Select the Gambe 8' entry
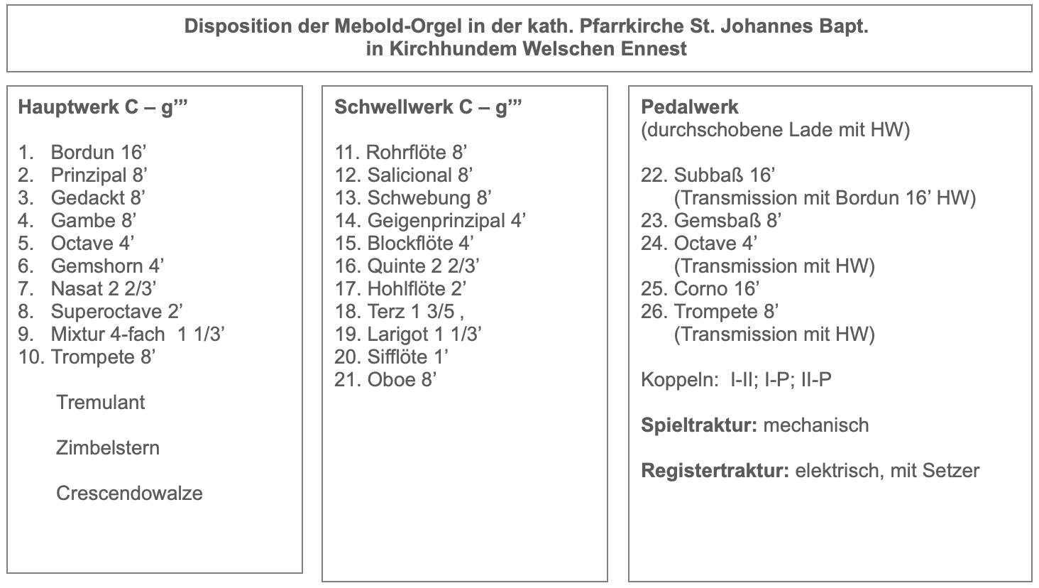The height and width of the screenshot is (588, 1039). [x=93, y=221]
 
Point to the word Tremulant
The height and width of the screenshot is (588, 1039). [x=100, y=403]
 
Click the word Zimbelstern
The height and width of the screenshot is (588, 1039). [x=108, y=448]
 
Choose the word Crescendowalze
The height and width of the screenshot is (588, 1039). [x=129, y=494]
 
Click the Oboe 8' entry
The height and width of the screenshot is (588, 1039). [x=402, y=380]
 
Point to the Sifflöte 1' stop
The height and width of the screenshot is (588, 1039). [x=408, y=357]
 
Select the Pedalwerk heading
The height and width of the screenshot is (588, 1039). [x=689, y=107]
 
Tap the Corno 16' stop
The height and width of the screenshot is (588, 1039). [x=717, y=289]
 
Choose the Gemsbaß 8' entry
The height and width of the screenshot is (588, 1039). [x=727, y=221]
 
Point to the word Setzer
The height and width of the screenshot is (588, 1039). [x=950, y=471]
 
